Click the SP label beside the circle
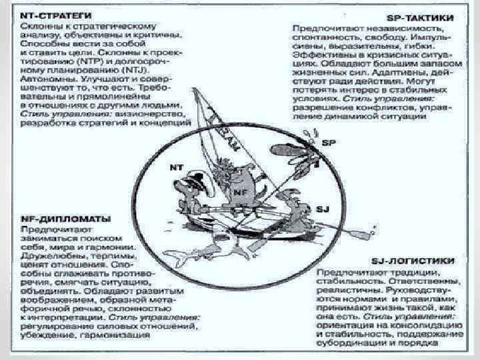(329, 142)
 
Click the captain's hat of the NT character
(197, 175)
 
